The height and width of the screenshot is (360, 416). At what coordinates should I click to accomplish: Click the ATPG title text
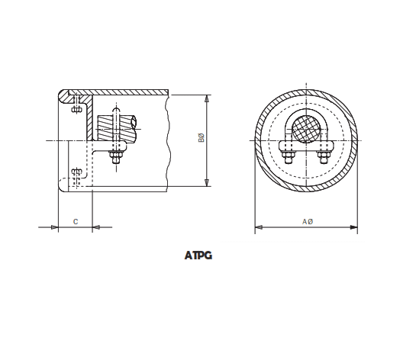click(198, 256)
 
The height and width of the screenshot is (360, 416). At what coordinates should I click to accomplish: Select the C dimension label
click(75, 220)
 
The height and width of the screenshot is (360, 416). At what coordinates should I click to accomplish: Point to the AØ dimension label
click(307, 220)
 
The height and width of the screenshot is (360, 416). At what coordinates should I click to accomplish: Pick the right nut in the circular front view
click(322, 158)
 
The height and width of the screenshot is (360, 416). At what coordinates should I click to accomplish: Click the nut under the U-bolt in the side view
click(115, 157)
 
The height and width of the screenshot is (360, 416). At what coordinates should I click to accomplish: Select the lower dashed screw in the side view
click(76, 175)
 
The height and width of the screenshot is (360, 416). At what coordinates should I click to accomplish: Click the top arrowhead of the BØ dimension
click(208, 98)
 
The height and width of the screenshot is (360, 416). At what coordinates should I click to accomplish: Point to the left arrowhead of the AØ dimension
click(259, 227)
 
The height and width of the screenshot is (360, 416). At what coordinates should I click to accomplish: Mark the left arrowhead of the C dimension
click(53, 227)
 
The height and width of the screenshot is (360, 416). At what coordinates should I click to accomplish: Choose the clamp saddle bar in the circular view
click(307, 146)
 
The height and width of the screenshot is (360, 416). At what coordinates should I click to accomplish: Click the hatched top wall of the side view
click(122, 92)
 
